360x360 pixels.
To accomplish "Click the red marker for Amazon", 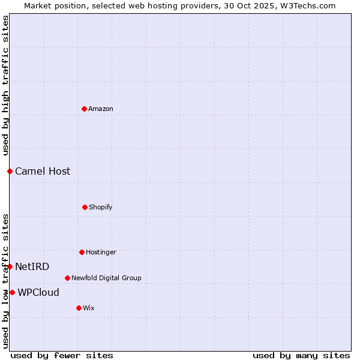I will point(84,109).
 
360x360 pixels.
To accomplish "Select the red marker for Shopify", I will point(85,207).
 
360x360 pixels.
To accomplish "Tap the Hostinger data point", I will point(82,252).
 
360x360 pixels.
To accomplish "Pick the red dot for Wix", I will point(79,308).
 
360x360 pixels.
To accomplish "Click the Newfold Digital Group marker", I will point(67,278).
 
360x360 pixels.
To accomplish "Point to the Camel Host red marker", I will point(10,171).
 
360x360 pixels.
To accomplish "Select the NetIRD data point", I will point(10,266).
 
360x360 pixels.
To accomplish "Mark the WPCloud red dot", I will point(12,292).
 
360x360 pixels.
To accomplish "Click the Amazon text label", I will point(101,109).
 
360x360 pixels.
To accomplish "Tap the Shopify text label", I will point(101,207).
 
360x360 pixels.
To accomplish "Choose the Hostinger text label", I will point(101,252).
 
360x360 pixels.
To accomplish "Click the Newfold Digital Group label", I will point(106,278).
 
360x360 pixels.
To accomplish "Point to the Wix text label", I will point(89,308).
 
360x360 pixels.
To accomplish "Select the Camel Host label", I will point(43,171).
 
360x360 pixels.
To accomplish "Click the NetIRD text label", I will point(32,266).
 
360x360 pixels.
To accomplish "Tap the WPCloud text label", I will point(38,292).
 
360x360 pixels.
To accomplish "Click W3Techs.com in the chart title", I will point(306,5).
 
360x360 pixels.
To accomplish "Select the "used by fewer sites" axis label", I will point(62,355).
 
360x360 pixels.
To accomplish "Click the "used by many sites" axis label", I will point(301,355).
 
